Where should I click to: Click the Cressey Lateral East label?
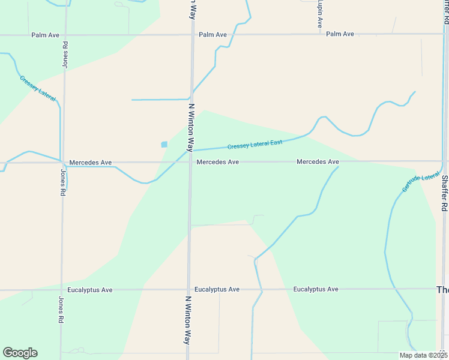pyautogui.click(x=255, y=145)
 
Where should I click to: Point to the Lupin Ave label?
pyautogui.click(x=320, y=14)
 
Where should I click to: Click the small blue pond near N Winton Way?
pyautogui.click(x=164, y=144)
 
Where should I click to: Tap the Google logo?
pyautogui.click(x=20, y=353)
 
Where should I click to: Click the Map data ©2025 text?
pyautogui.click(x=423, y=355)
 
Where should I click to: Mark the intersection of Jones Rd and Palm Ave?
pyautogui.click(x=64, y=35)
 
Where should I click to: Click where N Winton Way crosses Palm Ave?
pyautogui.click(x=193, y=35)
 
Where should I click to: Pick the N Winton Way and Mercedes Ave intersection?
pyautogui.click(x=191, y=162)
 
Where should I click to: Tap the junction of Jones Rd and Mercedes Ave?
pyautogui.click(x=62, y=162)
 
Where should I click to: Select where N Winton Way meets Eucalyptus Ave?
pyautogui.click(x=188, y=290)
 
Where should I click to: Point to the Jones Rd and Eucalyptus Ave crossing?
pyautogui.click(x=61, y=290)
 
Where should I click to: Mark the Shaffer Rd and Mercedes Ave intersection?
pyautogui.click(x=444, y=161)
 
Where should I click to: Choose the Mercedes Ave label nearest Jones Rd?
pyautogui.click(x=91, y=163)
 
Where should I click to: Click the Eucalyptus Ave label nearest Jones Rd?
pyautogui.click(x=90, y=290)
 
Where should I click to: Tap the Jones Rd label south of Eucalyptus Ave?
pyautogui.click(x=61, y=310)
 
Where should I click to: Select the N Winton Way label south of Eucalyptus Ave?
pyautogui.click(x=188, y=319)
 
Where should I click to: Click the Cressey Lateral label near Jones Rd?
pyautogui.click(x=38, y=88)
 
